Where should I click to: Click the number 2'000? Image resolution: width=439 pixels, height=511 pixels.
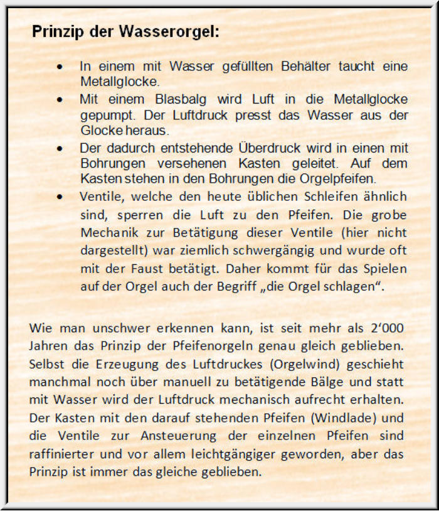point(385,328)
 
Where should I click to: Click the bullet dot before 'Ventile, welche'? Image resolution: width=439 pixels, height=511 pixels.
point(60,196)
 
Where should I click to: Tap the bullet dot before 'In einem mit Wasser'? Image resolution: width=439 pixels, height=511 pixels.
point(60,66)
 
